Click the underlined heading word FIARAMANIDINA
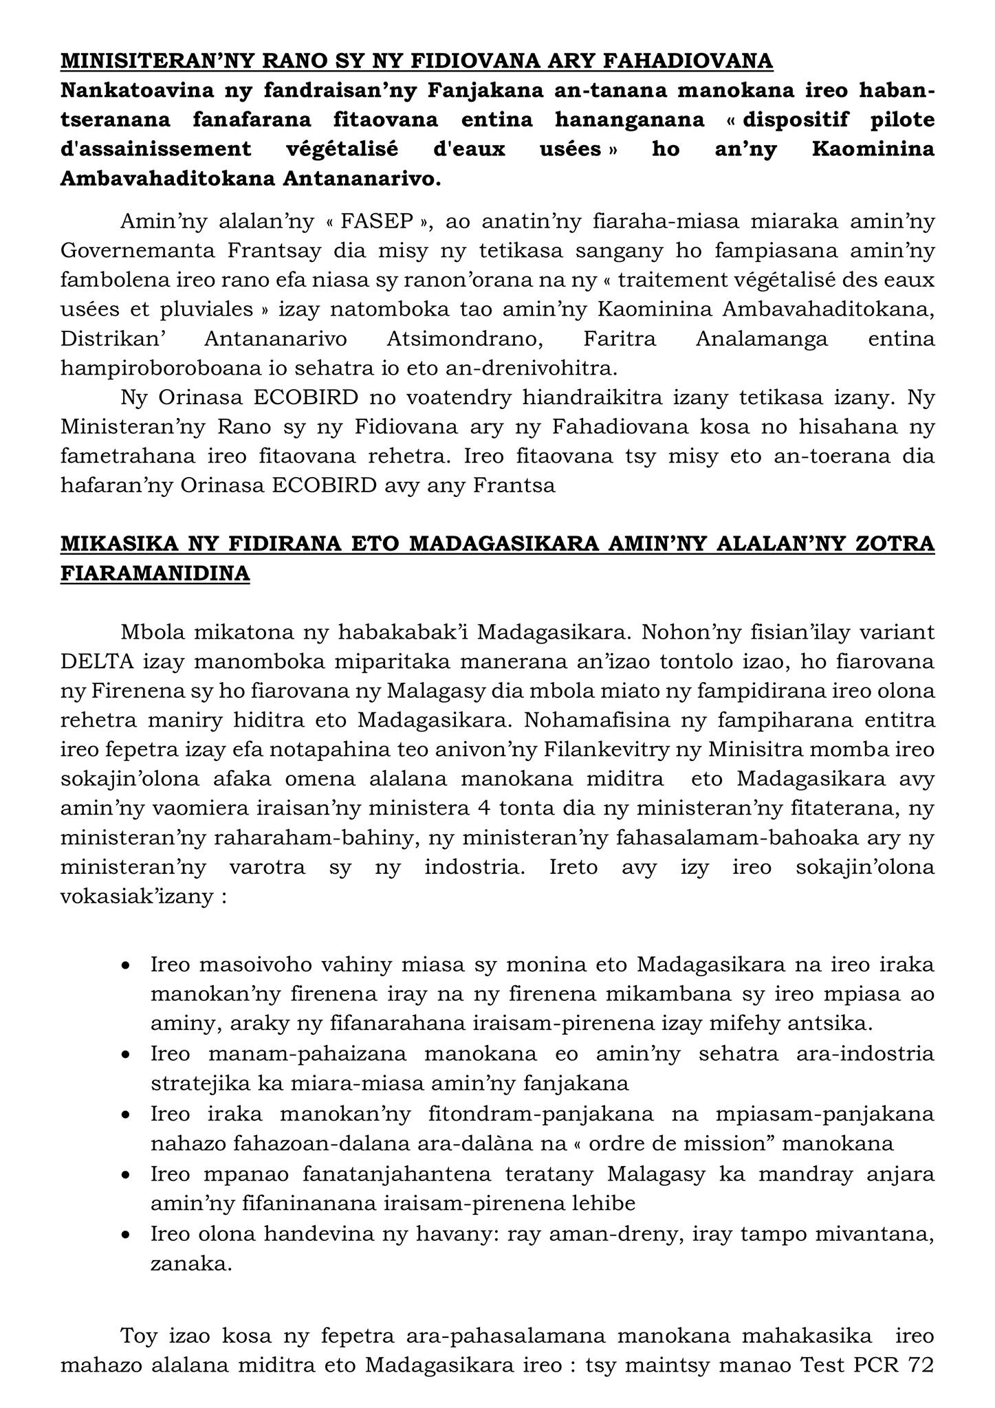(155, 573)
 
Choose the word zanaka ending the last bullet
(190, 1264)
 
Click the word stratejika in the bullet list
(199, 1083)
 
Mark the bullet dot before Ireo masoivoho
(125, 966)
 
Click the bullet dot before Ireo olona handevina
(125, 1235)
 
